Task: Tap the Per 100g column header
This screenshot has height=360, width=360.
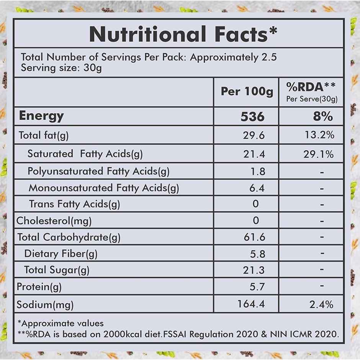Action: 247,92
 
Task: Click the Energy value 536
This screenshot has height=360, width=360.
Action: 252,117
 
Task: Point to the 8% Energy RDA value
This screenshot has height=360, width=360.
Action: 322,117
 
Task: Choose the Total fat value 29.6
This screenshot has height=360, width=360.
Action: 254,135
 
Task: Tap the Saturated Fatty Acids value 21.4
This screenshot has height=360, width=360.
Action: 254,154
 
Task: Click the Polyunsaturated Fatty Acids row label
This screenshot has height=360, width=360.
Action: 98,171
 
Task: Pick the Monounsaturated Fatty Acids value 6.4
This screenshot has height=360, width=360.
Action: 256,188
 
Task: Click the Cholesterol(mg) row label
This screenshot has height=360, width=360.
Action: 54,221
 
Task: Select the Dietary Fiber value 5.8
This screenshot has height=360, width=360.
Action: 256,254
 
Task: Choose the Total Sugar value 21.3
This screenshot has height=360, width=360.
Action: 254,270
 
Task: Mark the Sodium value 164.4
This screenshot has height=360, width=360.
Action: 251,304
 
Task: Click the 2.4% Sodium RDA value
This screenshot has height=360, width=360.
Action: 322,304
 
